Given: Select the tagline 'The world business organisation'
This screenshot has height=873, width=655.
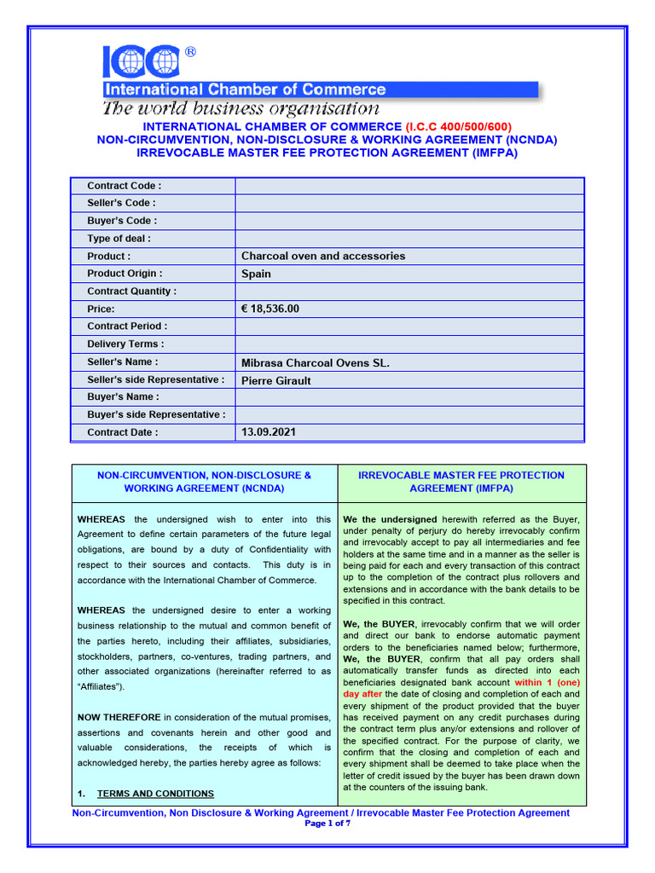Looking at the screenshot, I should pyautogui.click(x=241, y=108).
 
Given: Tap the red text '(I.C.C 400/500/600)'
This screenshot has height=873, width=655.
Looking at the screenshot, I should pyautogui.click(x=458, y=127).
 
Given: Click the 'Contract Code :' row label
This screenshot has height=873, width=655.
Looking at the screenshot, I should pyautogui.click(x=124, y=186).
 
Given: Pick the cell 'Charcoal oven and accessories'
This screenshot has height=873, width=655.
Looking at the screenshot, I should pyautogui.click(x=323, y=256).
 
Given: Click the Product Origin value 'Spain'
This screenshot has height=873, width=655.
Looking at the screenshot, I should pyautogui.click(x=256, y=274).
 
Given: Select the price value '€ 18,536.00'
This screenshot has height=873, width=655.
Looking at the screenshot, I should pyautogui.click(x=270, y=309).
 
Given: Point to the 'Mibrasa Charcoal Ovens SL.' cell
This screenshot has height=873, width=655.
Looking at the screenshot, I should pyautogui.click(x=315, y=362).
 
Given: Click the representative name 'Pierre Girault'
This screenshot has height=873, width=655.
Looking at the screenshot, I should pyautogui.click(x=275, y=380).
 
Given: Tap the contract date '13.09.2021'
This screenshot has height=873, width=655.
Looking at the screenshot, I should pyautogui.click(x=270, y=432).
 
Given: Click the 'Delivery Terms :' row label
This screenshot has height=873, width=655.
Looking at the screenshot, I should pyautogui.click(x=125, y=344).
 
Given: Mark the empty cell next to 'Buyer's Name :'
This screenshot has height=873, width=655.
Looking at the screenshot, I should pyautogui.click(x=409, y=397).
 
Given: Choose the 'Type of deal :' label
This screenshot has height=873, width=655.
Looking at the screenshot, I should pyautogui.click(x=119, y=239).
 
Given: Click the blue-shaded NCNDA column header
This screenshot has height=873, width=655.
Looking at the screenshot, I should pyautogui.click(x=204, y=482).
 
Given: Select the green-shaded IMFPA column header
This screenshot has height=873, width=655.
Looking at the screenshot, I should pyautogui.click(x=461, y=482).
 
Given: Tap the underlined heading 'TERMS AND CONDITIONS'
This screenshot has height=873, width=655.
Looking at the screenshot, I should pyautogui.click(x=155, y=794).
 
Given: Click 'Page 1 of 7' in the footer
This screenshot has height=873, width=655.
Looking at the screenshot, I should pyautogui.click(x=327, y=824).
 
